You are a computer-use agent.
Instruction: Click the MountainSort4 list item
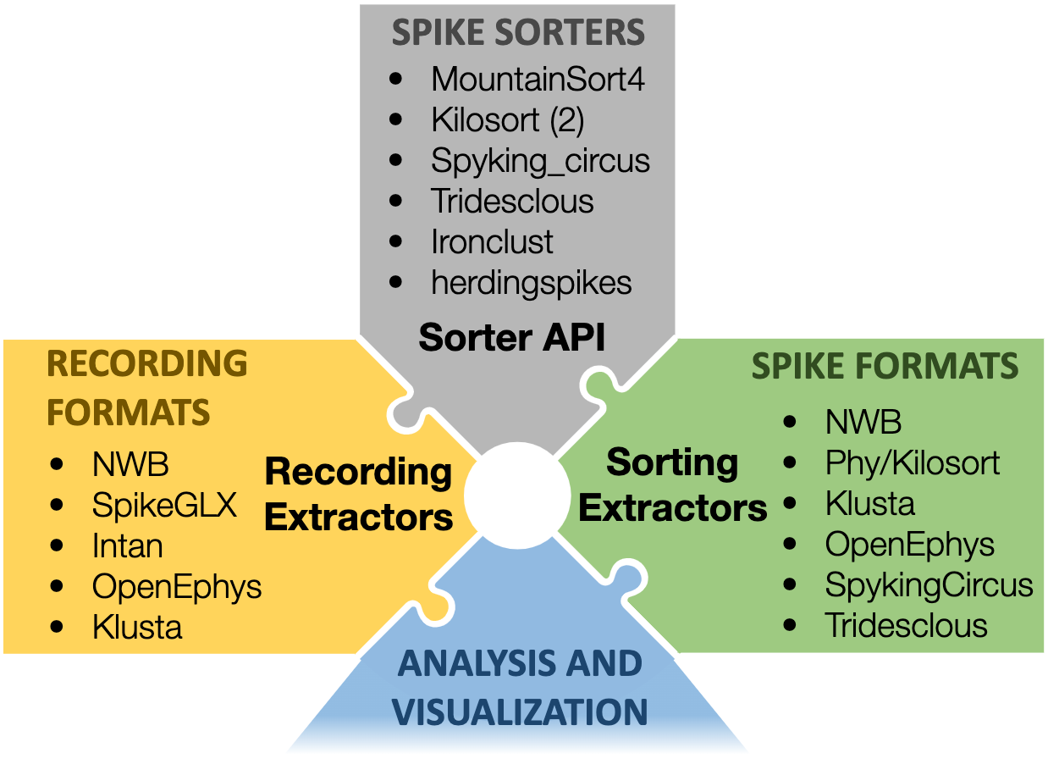click(x=538, y=80)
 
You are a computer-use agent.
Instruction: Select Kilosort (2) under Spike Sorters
click(x=507, y=120)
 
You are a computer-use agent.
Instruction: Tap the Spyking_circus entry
click(x=540, y=161)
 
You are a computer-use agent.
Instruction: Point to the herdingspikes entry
click(x=531, y=283)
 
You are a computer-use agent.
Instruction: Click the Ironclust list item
click(x=491, y=242)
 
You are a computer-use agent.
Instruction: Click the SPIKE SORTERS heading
click(x=517, y=34)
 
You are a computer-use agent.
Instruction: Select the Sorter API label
click(x=512, y=338)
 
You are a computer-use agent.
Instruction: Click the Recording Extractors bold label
click(x=359, y=494)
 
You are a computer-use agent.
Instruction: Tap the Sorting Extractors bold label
click(x=673, y=485)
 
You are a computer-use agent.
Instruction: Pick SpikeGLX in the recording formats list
click(x=164, y=506)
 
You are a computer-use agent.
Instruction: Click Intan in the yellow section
click(x=127, y=546)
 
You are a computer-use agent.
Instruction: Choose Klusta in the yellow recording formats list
click(x=136, y=628)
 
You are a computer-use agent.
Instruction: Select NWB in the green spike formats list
click(x=863, y=422)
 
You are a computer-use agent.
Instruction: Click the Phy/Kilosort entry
click(x=912, y=463)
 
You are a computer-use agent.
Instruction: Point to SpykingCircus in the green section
click(x=929, y=585)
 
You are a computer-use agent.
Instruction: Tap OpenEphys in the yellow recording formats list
click(x=176, y=587)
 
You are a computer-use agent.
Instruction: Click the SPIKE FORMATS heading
click(x=885, y=367)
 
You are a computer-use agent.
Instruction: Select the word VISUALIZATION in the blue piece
click(x=521, y=711)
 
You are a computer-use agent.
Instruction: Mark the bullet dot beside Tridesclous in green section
click(x=791, y=626)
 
